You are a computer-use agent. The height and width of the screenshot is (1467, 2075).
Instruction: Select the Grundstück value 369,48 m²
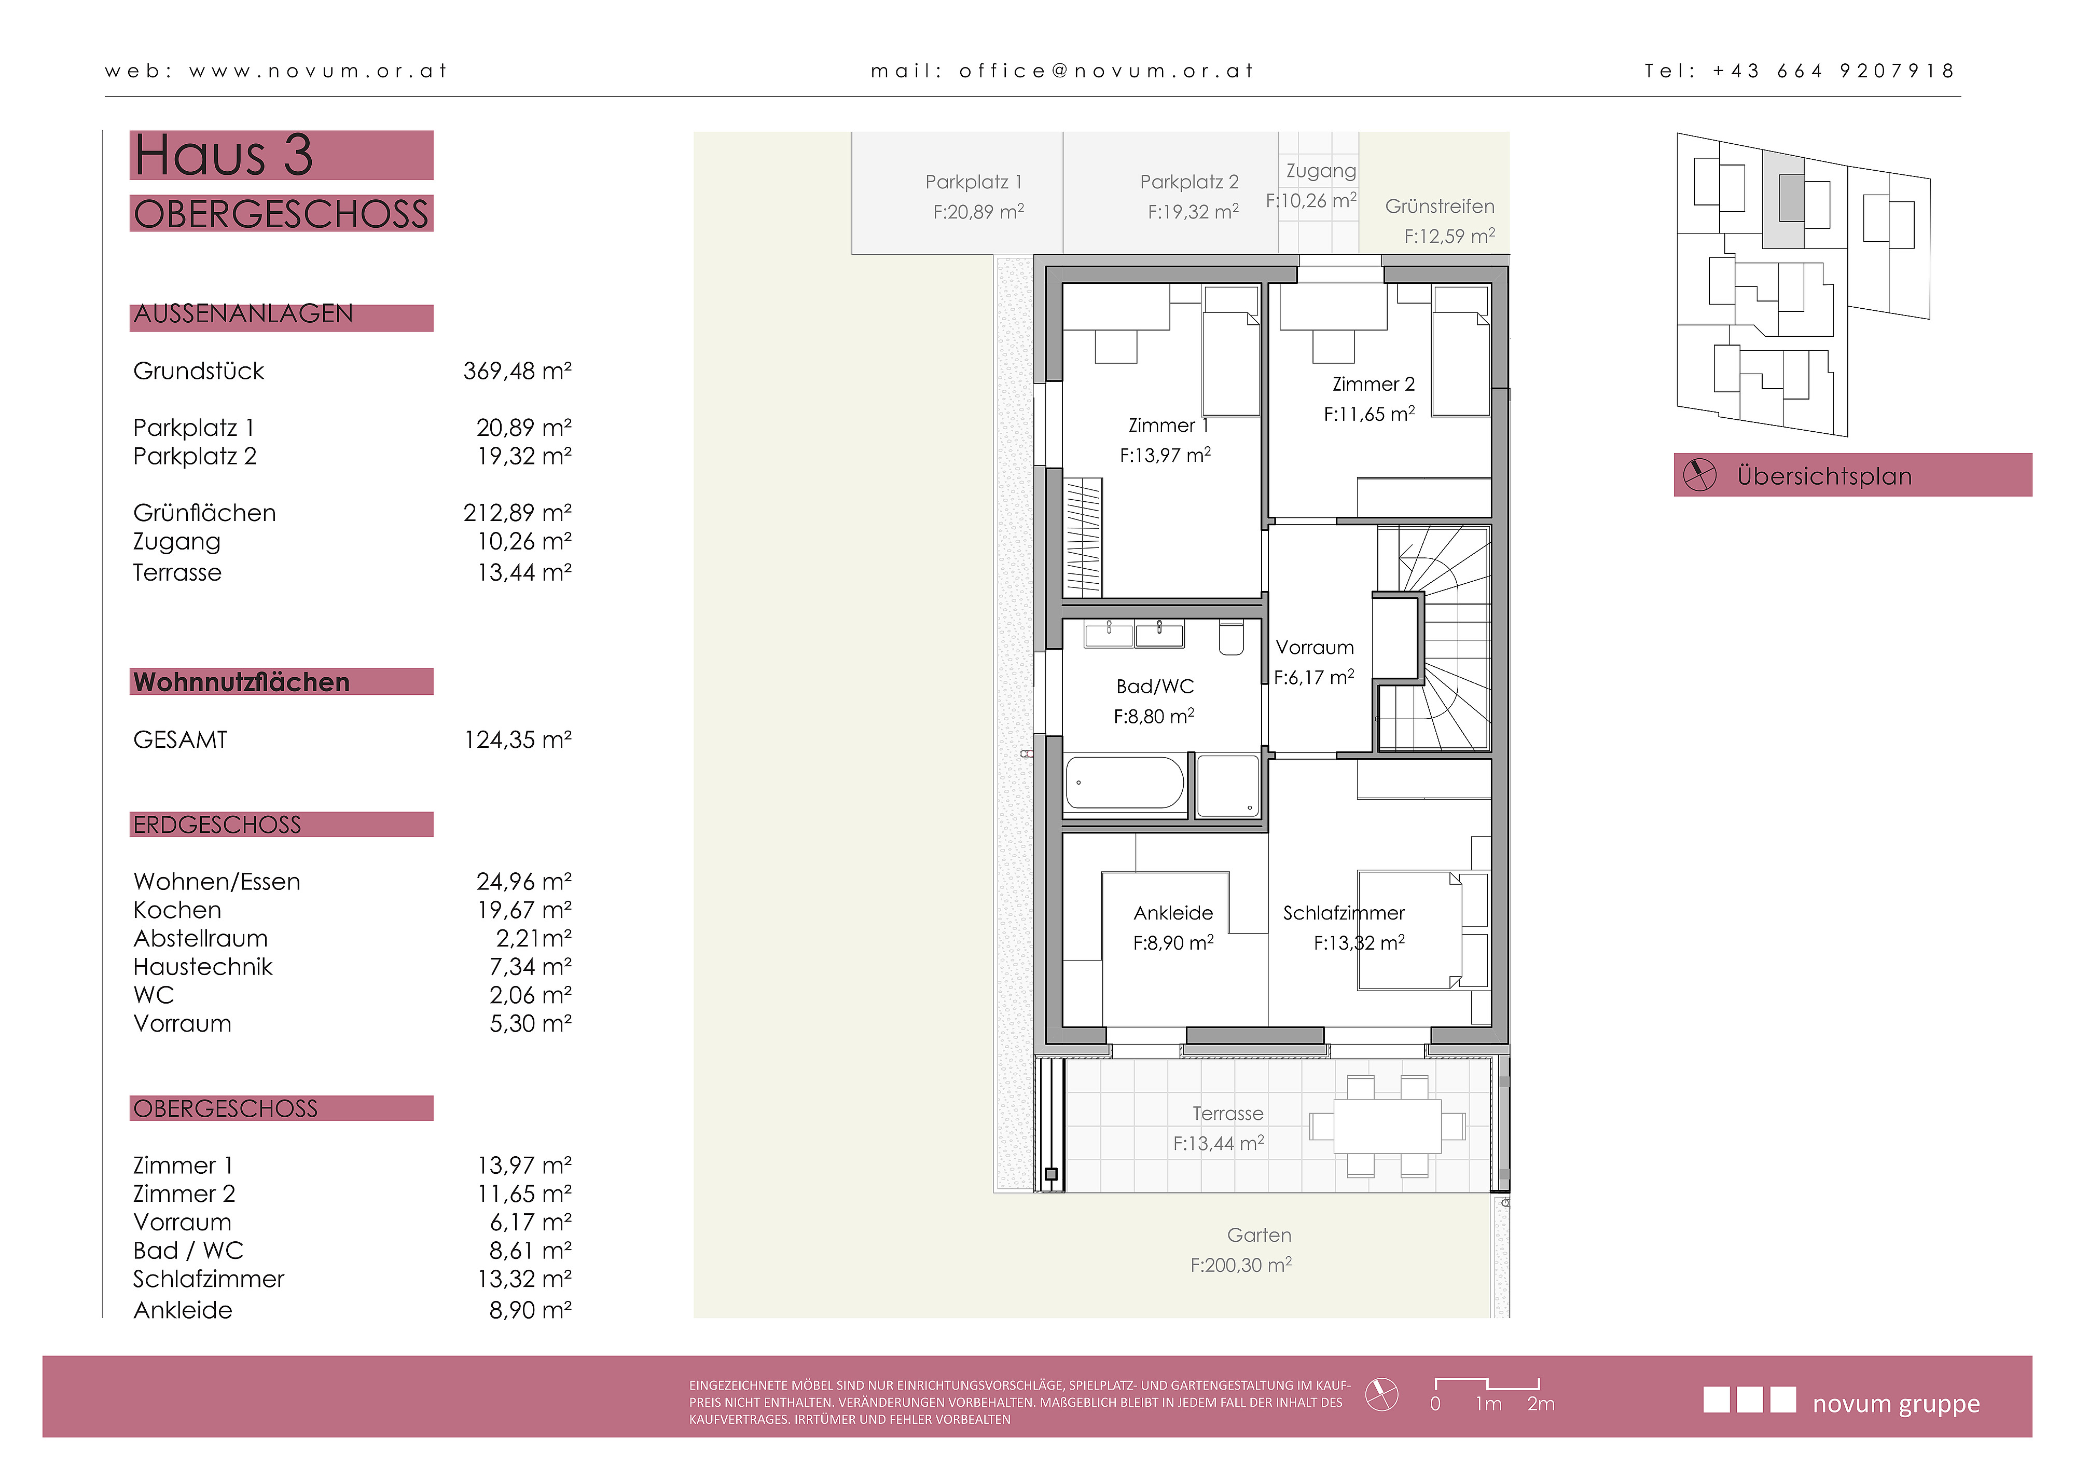coord(517,371)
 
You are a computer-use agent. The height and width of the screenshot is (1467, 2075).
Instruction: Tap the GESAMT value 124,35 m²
coord(518,739)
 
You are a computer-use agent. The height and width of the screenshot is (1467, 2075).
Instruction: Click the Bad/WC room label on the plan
coord(1155,686)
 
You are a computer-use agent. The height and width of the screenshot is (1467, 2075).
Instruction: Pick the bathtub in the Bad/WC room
coord(1125,783)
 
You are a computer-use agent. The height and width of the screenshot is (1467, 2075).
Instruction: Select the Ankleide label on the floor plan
coord(1173,913)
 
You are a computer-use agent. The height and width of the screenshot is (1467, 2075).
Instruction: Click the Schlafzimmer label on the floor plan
coord(1344,913)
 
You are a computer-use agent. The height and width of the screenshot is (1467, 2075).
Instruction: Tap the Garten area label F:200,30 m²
coord(1241,1265)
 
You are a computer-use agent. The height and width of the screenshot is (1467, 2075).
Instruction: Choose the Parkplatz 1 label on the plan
coord(973,182)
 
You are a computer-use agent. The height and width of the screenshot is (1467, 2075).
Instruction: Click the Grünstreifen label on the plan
coord(1440,206)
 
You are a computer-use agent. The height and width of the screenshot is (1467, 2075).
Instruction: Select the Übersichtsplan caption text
coord(1824,476)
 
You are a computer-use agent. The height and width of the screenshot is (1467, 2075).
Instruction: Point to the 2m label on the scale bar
coord(1541,1404)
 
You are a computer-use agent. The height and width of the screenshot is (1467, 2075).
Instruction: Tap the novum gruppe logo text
coord(1896,1404)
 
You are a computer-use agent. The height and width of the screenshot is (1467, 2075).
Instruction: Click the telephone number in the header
coord(1833,71)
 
